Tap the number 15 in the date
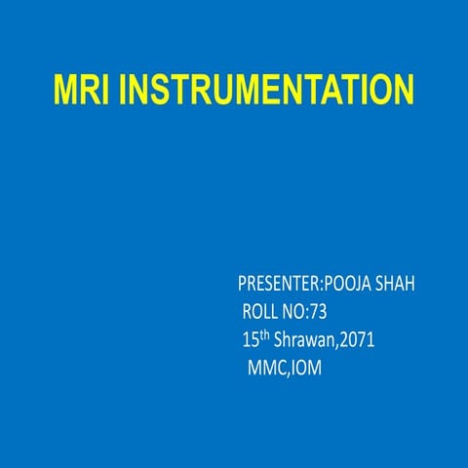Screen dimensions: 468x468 click(250, 341)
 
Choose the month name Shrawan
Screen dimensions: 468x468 click(306, 341)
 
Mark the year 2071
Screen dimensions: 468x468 click(358, 341)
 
